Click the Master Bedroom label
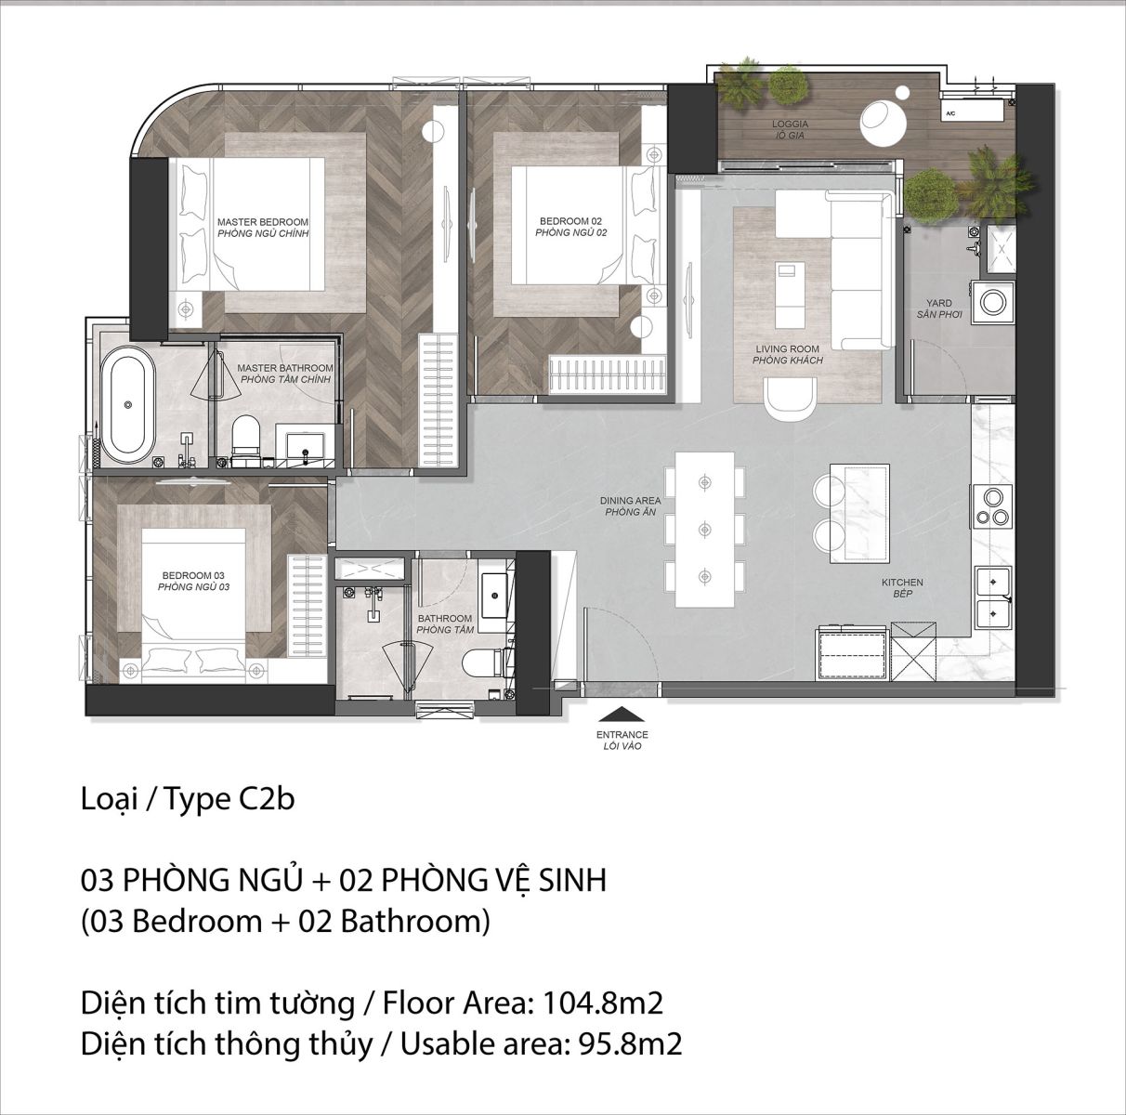point(262,228)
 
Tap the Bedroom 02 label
point(570,227)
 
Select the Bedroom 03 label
point(193,581)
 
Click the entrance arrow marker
point(622,715)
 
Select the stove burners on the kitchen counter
point(992,506)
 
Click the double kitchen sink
point(993,597)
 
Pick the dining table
point(705,529)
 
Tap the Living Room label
point(787,354)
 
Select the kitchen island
point(859,513)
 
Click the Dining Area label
point(631,506)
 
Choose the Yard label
point(939,308)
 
